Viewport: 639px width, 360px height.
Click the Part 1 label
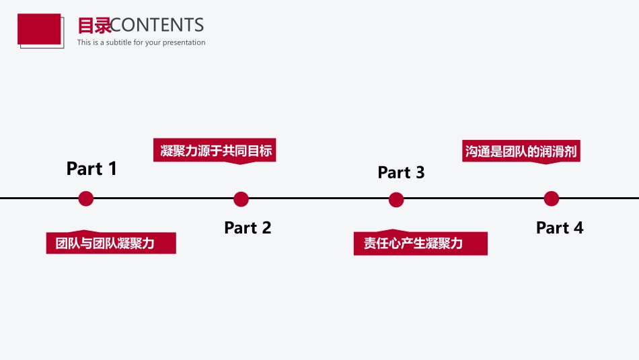pyautogui.click(x=91, y=168)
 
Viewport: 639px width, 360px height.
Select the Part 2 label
pyautogui.click(x=248, y=227)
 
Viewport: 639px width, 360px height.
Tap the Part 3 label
pyautogui.click(x=401, y=172)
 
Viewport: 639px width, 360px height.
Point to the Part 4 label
pyautogui.click(x=560, y=227)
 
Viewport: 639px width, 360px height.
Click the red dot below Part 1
pyautogui.click(x=86, y=199)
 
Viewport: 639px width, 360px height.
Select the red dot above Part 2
pyautogui.click(x=241, y=199)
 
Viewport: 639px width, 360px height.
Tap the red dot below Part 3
pyautogui.click(x=396, y=200)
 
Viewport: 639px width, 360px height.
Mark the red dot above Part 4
pyautogui.click(x=552, y=199)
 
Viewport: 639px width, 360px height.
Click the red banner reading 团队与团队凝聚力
pyautogui.click(x=111, y=242)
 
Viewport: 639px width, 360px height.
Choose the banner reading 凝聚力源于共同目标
pyautogui.click(x=215, y=151)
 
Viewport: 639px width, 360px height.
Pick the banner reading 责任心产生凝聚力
pyautogui.click(x=420, y=243)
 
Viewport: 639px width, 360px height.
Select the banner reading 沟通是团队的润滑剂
pyautogui.click(x=521, y=151)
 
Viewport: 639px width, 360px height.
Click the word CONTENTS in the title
pyautogui.click(x=157, y=26)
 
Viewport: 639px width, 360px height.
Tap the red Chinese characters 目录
pyautogui.click(x=94, y=26)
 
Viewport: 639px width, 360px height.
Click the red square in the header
pyautogui.click(x=39, y=29)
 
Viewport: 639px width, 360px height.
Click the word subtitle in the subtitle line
pyautogui.click(x=118, y=42)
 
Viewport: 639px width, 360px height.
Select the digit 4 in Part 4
pyautogui.click(x=578, y=227)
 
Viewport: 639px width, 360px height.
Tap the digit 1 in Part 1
pyautogui.click(x=112, y=168)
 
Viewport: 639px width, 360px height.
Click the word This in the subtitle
pyautogui.click(x=84, y=42)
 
